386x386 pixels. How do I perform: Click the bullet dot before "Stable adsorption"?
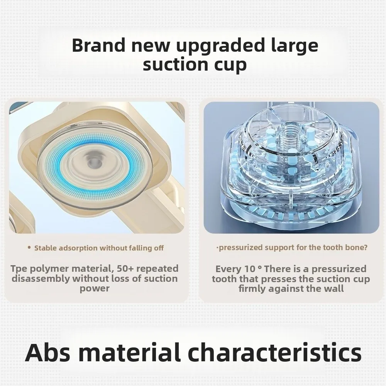tap(29, 247)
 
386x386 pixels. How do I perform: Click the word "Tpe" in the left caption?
tap(19, 269)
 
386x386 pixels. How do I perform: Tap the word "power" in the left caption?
tap(95, 288)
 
